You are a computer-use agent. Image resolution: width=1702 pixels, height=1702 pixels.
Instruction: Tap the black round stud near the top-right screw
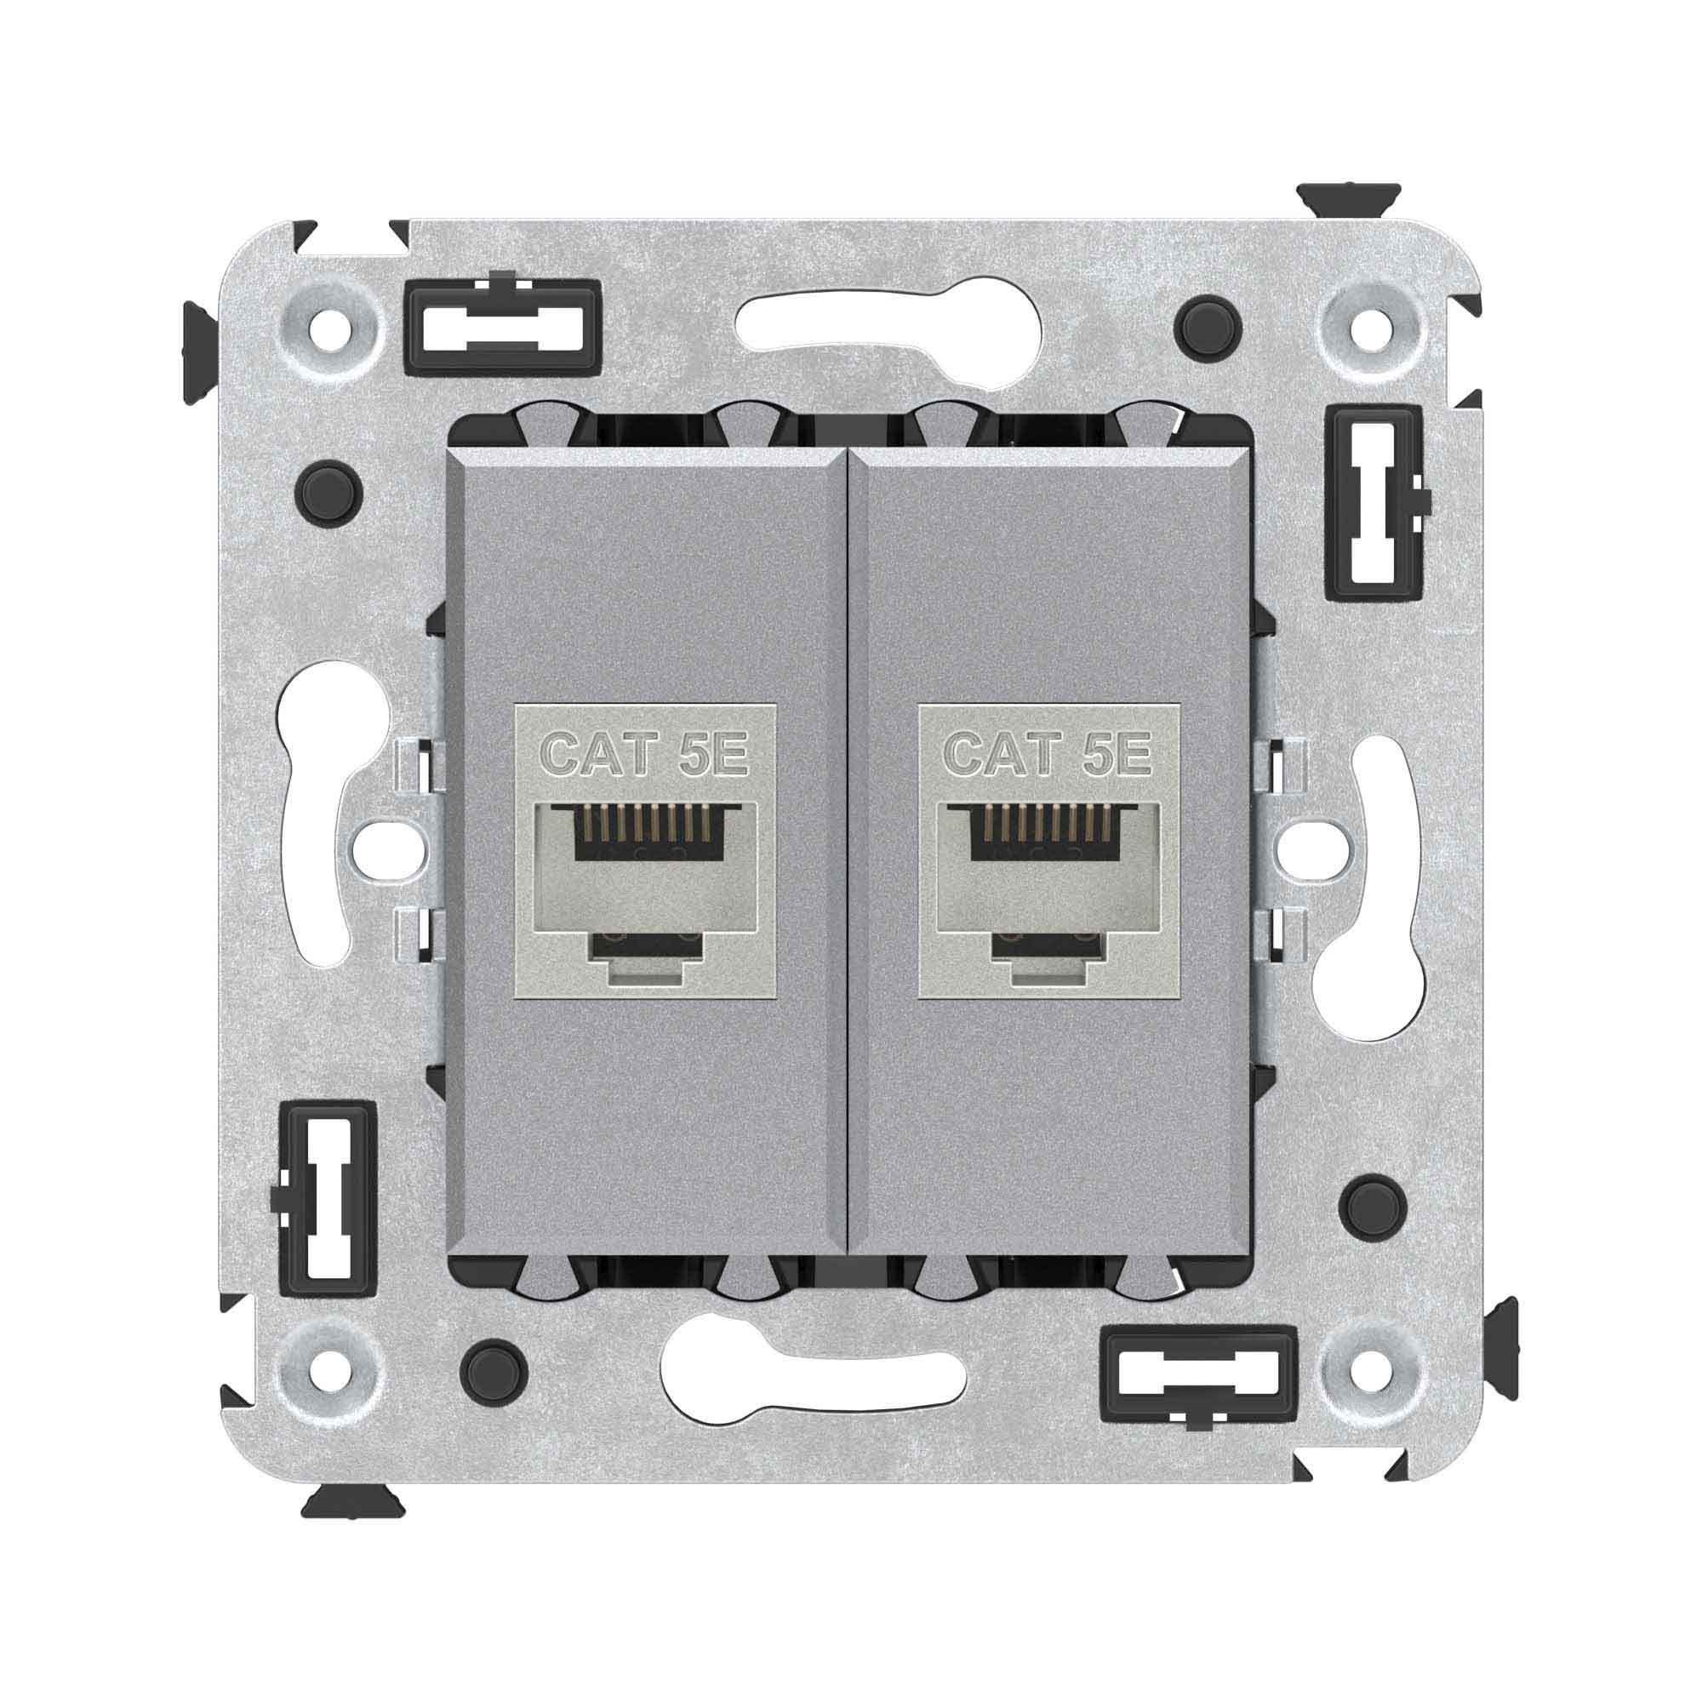tap(1208, 327)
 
